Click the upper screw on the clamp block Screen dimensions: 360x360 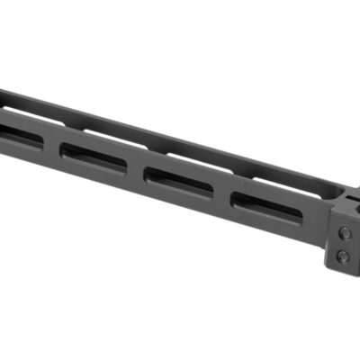(x=345, y=234)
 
